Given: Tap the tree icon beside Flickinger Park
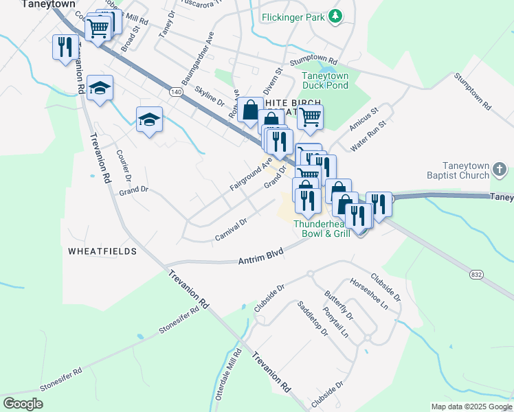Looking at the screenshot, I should click(x=335, y=15).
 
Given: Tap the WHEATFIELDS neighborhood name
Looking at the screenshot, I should click(x=102, y=252).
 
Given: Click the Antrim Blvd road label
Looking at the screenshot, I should click(x=261, y=260).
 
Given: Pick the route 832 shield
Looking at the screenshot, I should click(x=476, y=274).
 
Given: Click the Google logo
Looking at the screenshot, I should click(x=23, y=404).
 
